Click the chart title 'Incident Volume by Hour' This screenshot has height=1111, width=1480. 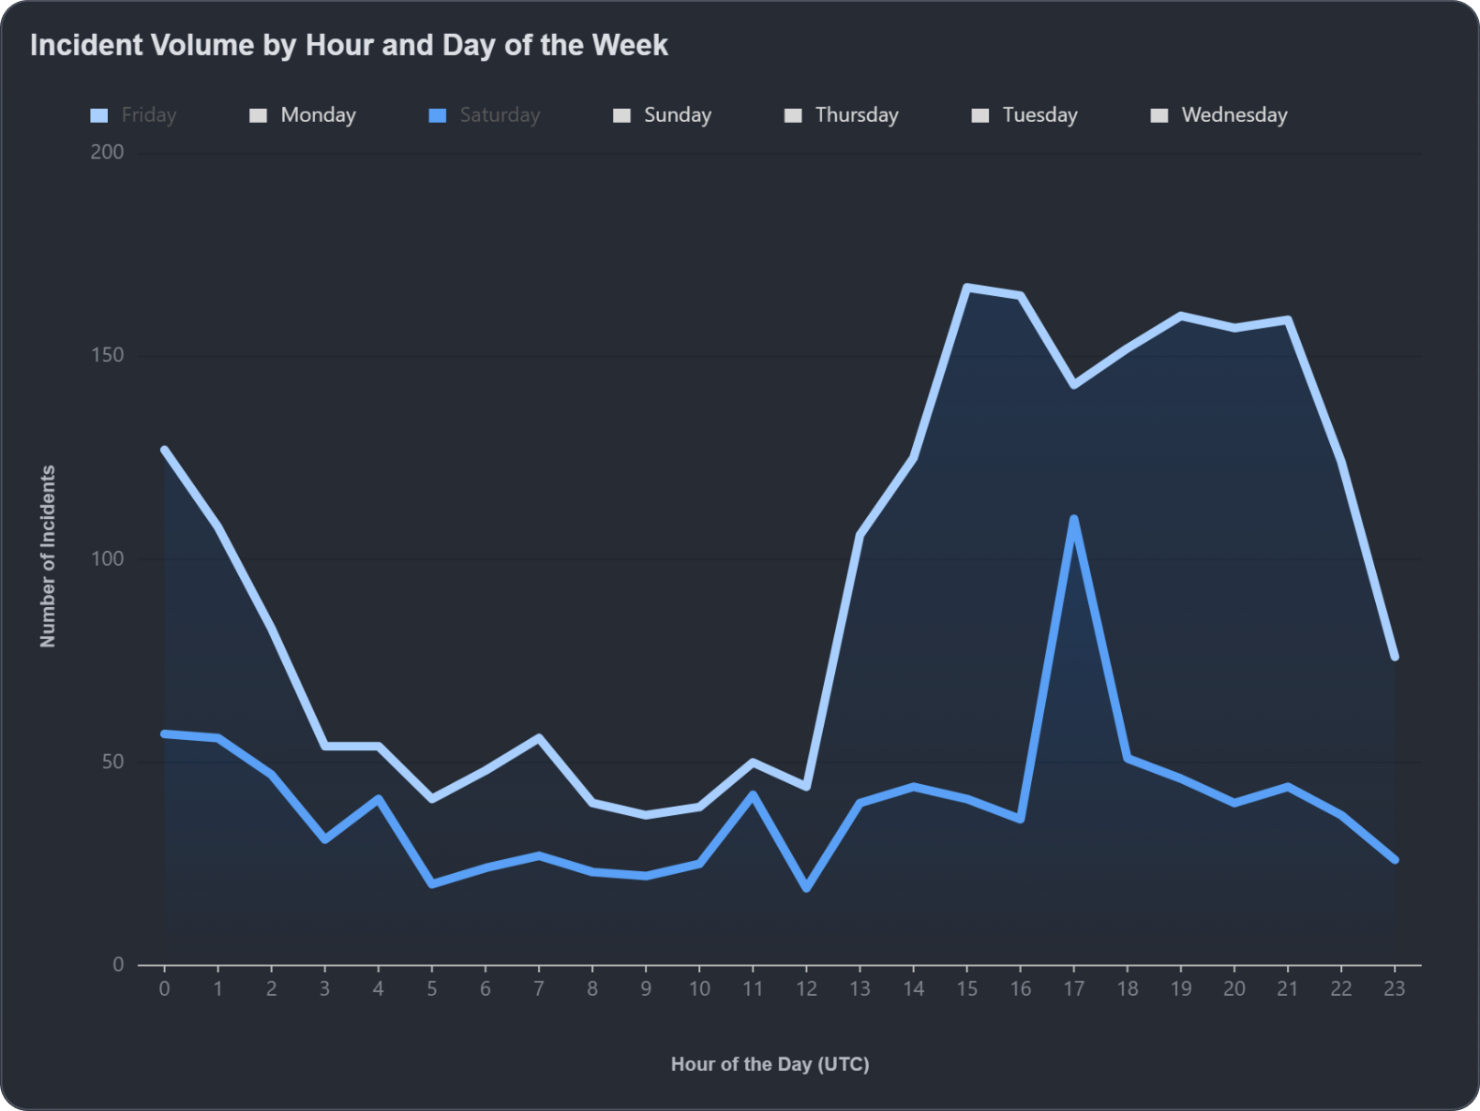click(x=349, y=45)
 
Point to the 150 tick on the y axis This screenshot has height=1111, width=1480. click(x=107, y=355)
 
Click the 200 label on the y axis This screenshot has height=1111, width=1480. click(x=107, y=152)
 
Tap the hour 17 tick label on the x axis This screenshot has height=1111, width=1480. click(x=1073, y=988)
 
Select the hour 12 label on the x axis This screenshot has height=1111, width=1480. click(x=806, y=988)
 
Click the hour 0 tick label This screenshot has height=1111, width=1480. click(x=164, y=988)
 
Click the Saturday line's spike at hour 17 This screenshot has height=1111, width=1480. click(x=1073, y=518)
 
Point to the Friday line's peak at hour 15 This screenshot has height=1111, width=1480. click(x=966, y=287)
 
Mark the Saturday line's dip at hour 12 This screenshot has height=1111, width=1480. click(x=806, y=888)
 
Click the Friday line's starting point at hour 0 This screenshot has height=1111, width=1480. click(x=164, y=450)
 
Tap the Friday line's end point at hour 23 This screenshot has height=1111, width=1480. click(x=1395, y=657)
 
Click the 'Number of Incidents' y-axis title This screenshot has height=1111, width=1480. click(x=48, y=556)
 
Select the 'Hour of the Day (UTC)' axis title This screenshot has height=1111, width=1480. click(x=770, y=1064)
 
